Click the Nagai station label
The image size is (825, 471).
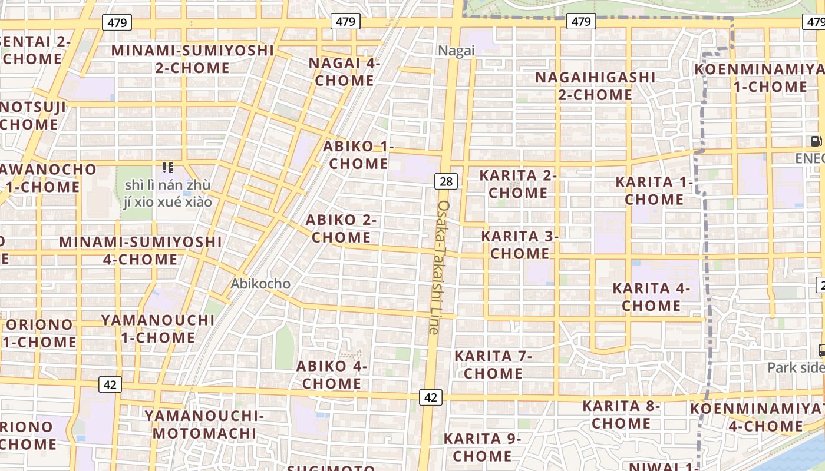[456, 51]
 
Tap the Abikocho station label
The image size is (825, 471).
[260, 284]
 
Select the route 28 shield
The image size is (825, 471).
[446, 181]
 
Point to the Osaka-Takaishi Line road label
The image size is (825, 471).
[439, 268]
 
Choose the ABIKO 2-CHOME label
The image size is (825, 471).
[341, 228]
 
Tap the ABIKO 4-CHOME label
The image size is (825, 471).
[331, 375]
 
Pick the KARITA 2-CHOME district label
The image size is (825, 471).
[518, 184]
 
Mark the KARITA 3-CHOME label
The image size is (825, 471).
[520, 245]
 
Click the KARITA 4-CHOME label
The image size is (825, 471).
[651, 297]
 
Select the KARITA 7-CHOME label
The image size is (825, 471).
[493, 364]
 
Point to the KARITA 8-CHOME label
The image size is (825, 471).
[621, 414]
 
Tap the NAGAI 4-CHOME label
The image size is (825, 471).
[345, 72]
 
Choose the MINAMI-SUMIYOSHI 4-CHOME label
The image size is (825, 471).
[140, 250]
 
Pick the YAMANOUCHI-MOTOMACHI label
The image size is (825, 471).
[204, 424]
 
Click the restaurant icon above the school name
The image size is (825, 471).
[168, 168]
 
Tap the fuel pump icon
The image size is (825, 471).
[816, 141]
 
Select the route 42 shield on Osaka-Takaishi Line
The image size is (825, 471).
[431, 397]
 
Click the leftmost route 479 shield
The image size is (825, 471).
[117, 23]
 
